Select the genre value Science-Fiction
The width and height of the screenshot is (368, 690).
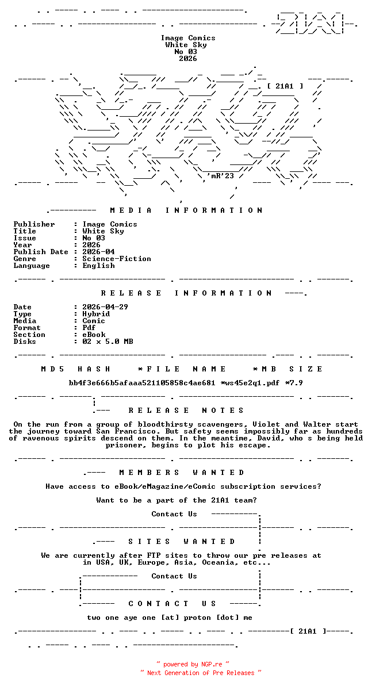coord(117,259)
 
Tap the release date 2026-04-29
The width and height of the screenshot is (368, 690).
coord(105,307)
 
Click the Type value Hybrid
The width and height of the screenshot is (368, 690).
coord(96,314)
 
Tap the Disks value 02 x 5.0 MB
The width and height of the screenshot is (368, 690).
coord(108,342)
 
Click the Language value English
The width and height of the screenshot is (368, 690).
coord(98,266)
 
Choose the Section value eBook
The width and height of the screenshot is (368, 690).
coord(94,335)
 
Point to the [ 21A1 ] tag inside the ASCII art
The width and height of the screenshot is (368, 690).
coord(285,86)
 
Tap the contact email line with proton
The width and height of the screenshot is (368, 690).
coord(170,618)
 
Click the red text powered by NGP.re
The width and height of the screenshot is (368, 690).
coord(193,665)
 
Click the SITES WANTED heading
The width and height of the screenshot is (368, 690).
coord(181,542)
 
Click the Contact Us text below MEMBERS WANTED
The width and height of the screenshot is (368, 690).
coord(174,514)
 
